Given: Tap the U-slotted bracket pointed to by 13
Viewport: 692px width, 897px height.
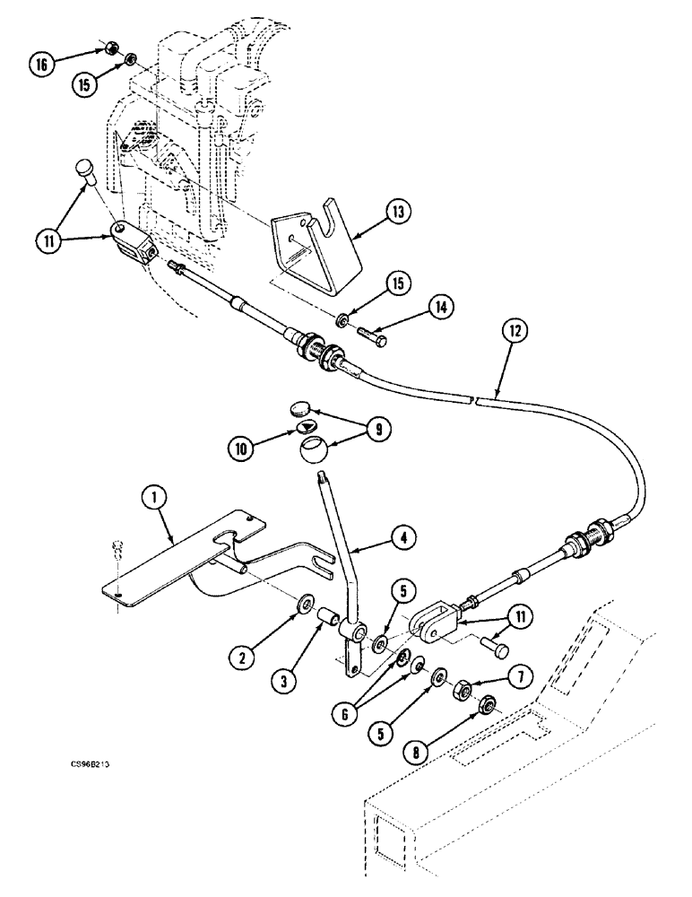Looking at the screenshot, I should pyautogui.click(x=317, y=243).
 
